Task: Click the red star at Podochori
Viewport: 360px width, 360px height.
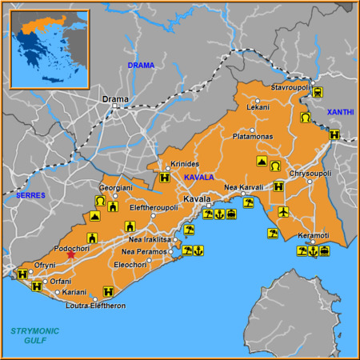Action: (x=70, y=254)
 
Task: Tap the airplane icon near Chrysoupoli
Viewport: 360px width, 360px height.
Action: (x=284, y=211)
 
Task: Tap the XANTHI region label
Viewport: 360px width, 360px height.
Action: (x=338, y=113)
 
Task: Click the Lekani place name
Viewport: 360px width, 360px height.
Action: (x=258, y=106)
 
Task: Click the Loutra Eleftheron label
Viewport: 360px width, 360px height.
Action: (x=96, y=306)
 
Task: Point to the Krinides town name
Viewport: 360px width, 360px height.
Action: (x=185, y=164)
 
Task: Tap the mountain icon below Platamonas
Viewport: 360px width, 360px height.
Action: (x=262, y=162)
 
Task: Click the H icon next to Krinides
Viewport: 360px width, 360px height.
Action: (x=164, y=178)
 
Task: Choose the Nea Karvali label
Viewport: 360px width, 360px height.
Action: (x=243, y=187)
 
